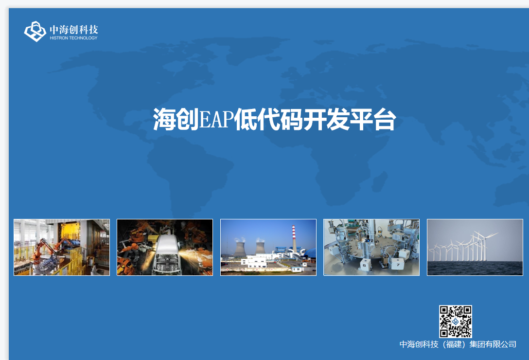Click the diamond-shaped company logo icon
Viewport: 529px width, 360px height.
pos(35,32)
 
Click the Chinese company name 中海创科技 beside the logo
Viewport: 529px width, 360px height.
pos(74,30)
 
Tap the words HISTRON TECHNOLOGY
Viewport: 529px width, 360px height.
pos(73,38)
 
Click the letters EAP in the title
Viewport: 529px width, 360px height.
pos(216,120)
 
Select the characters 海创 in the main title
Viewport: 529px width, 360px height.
pos(176,120)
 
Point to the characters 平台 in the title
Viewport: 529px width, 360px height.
pos(373,120)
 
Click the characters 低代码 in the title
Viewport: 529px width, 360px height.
pos(268,120)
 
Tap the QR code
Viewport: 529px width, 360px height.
pos(456,322)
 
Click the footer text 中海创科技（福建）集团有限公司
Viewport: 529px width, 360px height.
pos(458,344)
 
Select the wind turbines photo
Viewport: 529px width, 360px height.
pos(475,247)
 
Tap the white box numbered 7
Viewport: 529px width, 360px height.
pos(397,264)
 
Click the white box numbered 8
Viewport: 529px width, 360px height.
pos(364,265)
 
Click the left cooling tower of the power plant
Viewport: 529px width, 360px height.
pos(239,249)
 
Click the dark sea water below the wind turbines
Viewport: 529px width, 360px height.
pos(475,268)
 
